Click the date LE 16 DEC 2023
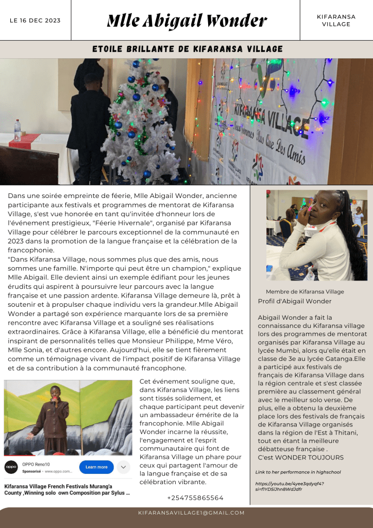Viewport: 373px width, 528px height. click(x=35, y=21)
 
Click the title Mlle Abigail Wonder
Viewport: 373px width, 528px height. click(x=186, y=21)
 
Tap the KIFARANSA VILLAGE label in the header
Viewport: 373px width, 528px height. click(x=336, y=21)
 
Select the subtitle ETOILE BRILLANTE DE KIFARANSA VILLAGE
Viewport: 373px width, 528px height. click(x=188, y=49)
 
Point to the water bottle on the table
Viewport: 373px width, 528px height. click(x=18, y=130)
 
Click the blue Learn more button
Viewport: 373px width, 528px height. click(x=96, y=467)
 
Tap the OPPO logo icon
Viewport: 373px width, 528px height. click(x=11, y=467)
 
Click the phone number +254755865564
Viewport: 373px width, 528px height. click(x=195, y=498)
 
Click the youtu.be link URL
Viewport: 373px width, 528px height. click(x=290, y=486)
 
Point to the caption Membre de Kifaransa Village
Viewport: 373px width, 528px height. click(x=305, y=292)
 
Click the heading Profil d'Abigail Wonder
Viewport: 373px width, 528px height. click(x=295, y=301)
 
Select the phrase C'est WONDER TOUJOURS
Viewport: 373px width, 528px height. click(x=300, y=457)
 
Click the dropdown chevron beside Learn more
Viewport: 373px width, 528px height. click(x=123, y=467)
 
